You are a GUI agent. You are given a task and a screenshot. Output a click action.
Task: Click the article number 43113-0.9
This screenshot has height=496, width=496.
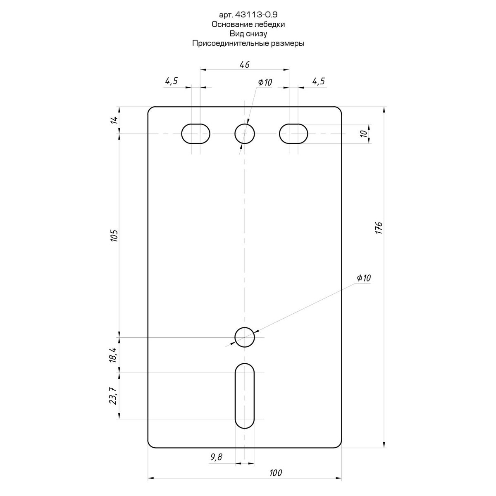point(256,15)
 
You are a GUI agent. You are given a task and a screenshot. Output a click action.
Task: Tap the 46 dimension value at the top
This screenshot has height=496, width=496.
point(245,64)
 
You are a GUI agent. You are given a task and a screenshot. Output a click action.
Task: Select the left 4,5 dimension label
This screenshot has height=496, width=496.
point(171,81)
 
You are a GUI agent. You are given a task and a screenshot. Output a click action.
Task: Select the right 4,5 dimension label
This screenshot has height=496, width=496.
point(318,81)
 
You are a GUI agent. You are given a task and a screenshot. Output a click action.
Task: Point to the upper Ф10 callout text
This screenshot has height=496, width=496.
point(265,82)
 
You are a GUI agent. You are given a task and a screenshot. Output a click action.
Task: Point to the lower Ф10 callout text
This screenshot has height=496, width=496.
point(364,278)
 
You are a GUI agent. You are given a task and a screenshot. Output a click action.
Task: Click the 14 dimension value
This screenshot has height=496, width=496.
point(114,120)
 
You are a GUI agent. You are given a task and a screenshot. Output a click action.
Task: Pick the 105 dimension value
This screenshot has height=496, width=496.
point(114,235)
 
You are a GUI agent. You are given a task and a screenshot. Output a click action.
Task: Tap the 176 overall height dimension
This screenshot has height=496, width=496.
point(379,227)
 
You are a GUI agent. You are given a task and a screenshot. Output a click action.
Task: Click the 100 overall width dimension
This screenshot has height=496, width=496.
point(276,472)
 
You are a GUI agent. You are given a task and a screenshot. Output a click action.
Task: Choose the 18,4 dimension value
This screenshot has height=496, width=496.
point(114,355)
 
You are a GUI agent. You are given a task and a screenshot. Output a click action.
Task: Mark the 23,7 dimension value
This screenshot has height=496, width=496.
point(114,396)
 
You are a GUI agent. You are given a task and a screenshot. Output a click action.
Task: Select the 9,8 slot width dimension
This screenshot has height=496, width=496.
point(216,457)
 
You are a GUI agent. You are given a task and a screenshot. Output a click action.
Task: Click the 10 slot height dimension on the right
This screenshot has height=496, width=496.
point(363,134)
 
